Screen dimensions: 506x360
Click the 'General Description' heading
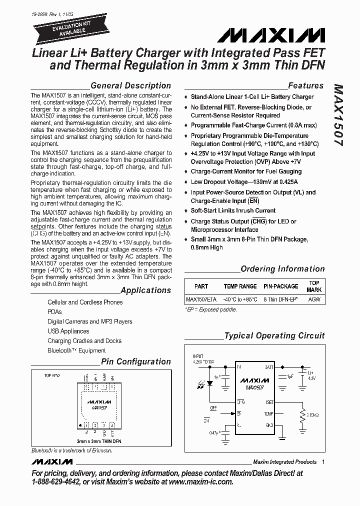(x=130, y=85)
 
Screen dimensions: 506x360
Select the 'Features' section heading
(x=305, y=85)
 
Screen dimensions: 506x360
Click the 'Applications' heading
(x=145, y=290)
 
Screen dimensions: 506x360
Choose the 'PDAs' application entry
(x=54, y=311)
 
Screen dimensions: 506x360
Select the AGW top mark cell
(x=314, y=299)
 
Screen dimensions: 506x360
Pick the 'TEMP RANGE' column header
(x=240, y=286)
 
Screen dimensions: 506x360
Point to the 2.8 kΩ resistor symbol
(x=301, y=414)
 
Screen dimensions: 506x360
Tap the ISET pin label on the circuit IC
(x=269, y=402)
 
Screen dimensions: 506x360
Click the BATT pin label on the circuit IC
(x=268, y=367)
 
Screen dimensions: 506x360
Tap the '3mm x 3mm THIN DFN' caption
(x=98, y=441)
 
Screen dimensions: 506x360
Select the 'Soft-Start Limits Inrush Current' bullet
(x=233, y=210)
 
